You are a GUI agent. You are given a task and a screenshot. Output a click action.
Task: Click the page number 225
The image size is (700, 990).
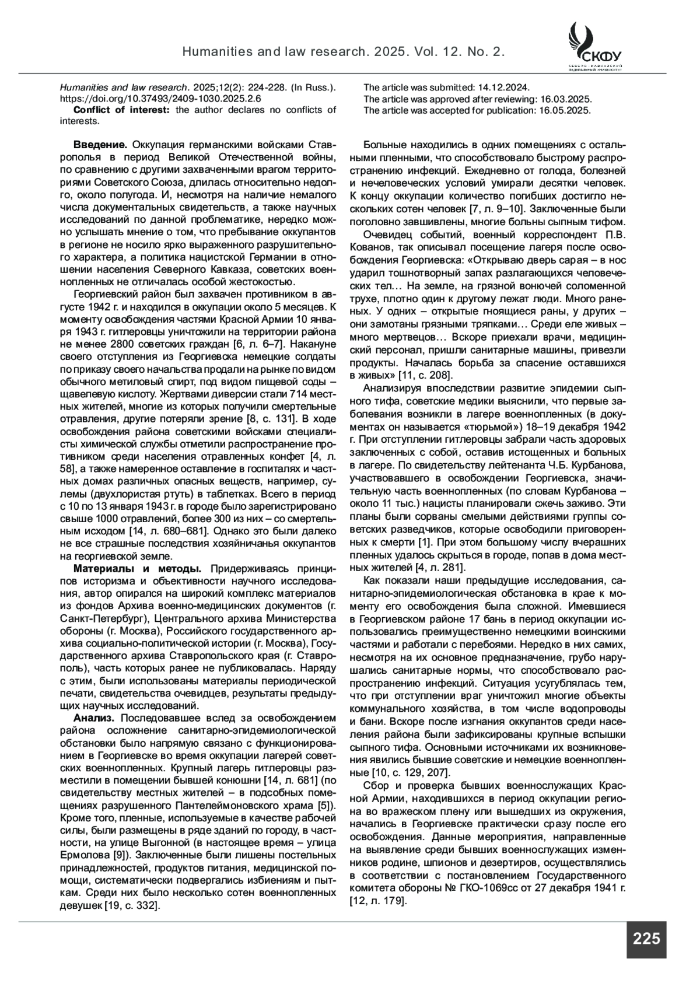click(646, 939)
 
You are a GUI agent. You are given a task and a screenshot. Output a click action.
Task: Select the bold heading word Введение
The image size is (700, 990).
click(100, 145)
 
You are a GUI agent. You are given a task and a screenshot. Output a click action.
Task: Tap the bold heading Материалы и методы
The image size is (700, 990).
click(138, 568)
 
